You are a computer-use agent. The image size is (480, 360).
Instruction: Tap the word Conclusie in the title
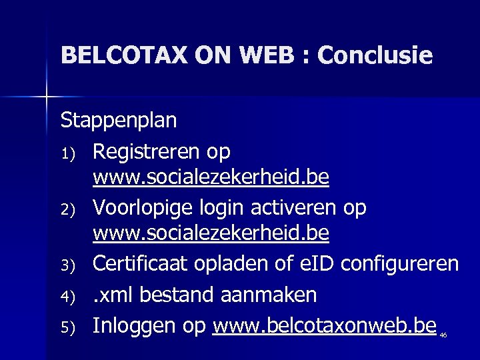click(375, 55)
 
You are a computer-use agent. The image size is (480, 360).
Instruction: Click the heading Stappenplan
click(119, 121)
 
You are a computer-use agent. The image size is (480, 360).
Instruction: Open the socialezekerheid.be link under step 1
click(211, 179)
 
